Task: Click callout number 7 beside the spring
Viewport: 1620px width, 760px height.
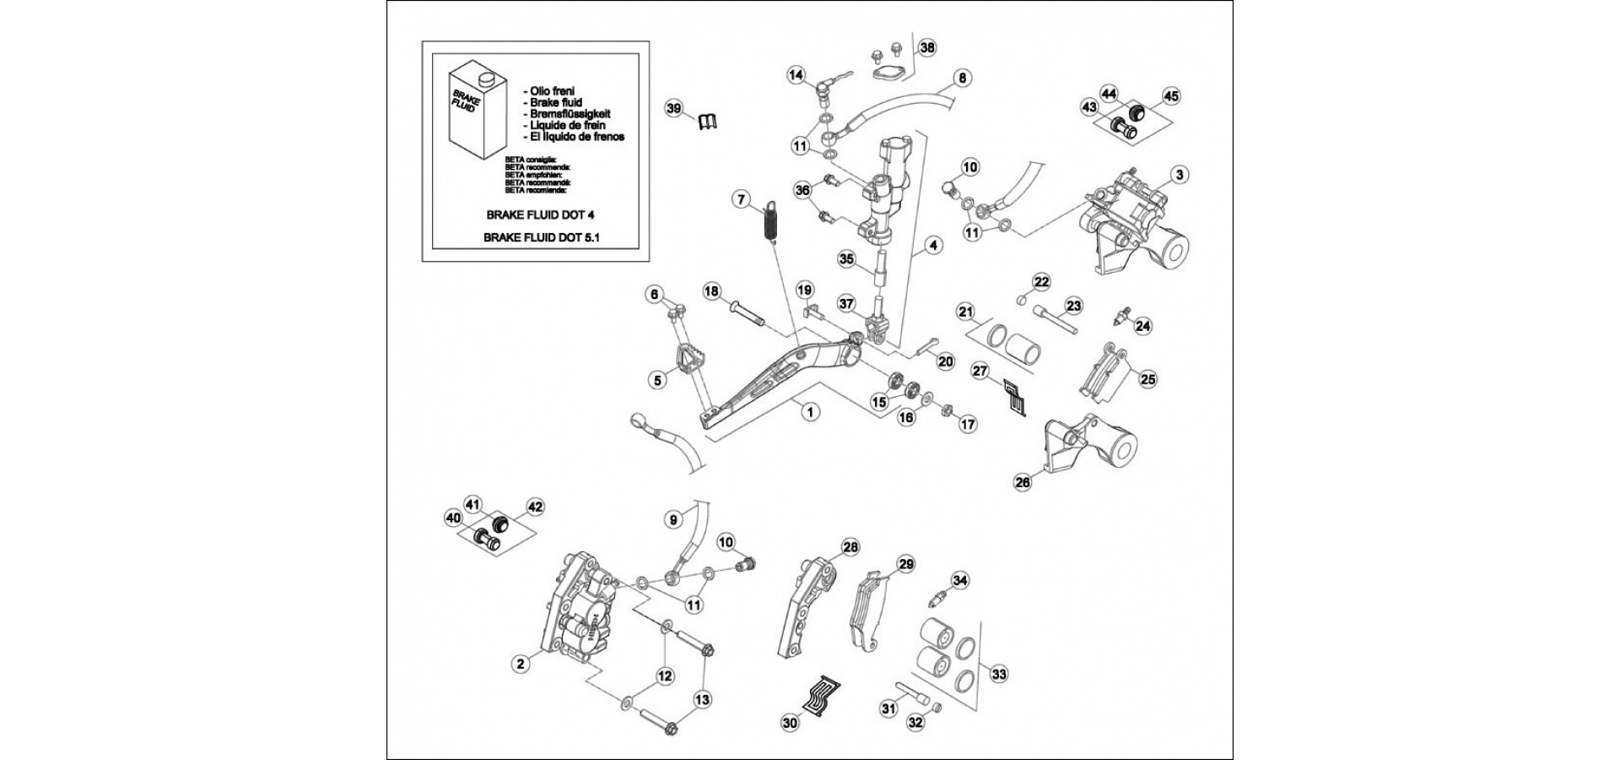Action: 741,200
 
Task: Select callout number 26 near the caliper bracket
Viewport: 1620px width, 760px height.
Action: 1023,482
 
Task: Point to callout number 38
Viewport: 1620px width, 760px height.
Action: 927,47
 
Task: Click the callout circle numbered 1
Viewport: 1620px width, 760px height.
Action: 810,412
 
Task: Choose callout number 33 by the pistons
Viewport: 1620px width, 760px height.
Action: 999,674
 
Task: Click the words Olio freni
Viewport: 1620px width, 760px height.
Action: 549,90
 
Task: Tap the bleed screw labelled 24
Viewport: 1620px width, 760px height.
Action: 1122,318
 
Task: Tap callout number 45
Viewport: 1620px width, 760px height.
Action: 1169,96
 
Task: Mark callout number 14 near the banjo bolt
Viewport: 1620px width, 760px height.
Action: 796,74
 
